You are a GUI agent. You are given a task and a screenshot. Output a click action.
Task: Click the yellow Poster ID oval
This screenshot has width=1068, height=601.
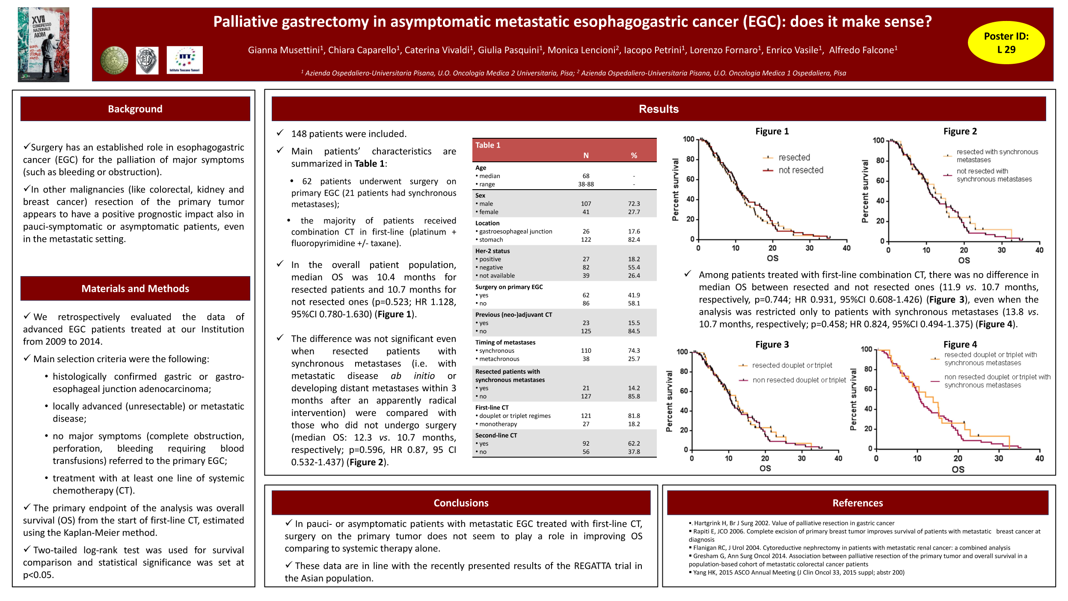tap(1006, 43)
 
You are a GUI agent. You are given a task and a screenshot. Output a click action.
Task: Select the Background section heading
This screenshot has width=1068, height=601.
tap(135, 109)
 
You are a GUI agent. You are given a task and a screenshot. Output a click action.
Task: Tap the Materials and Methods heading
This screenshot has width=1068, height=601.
tap(135, 289)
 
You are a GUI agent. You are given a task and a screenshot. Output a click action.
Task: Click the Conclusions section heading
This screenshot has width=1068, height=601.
tap(461, 503)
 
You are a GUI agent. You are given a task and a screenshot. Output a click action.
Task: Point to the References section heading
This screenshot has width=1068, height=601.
tap(857, 503)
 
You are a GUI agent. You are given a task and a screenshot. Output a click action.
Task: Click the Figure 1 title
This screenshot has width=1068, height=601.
tap(772, 131)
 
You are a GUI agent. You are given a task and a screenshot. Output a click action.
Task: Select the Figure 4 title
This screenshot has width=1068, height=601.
tap(960, 345)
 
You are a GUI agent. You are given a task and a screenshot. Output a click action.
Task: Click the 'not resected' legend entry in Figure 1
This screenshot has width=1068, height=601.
tap(801, 170)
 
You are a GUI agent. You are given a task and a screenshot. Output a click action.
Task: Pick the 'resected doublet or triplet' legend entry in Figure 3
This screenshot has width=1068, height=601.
tap(792, 366)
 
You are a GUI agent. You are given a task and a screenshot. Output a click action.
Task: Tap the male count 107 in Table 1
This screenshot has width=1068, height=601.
tap(586, 204)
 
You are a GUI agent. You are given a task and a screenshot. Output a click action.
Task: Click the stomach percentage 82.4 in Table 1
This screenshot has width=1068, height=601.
tap(634, 240)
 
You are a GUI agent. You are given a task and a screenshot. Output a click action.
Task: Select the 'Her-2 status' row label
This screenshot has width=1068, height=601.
tap(492, 251)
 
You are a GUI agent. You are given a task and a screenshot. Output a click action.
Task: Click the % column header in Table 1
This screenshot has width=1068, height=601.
tap(634, 156)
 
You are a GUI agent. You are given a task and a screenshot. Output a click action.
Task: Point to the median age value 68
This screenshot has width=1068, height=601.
tap(586, 176)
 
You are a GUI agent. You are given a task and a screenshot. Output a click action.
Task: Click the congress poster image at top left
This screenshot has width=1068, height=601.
tap(43, 45)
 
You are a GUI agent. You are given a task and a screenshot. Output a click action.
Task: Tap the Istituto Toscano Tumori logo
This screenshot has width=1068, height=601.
tap(184, 60)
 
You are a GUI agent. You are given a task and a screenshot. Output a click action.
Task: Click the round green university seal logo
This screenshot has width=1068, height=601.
tap(114, 60)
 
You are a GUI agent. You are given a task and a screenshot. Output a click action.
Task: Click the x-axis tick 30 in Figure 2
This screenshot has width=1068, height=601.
tap(1001, 250)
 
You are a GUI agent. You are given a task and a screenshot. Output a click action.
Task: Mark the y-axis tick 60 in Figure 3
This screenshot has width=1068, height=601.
tap(684, 391)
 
